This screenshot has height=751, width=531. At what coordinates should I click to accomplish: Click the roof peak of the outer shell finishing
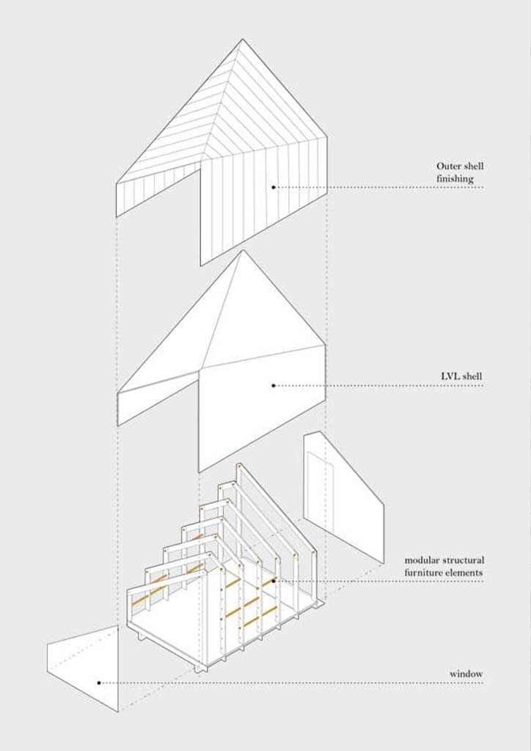click(242, 39)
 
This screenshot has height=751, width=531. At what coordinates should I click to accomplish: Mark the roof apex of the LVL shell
click(243, 250)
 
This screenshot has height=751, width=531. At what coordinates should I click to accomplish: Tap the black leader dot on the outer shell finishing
click(274, 187)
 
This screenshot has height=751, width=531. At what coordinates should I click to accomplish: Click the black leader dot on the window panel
click(99, 683)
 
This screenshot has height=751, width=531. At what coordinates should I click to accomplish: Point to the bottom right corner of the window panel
click(118, 711)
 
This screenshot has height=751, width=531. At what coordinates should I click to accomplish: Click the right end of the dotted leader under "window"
click(483, 683)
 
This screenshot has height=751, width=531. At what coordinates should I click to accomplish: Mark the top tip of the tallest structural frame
click(238, 464)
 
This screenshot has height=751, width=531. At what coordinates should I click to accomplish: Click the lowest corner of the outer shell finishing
click(201, 265)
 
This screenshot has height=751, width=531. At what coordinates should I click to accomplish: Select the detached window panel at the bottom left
click(82, 669)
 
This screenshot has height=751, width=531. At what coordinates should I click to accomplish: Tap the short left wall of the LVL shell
click(158, 398)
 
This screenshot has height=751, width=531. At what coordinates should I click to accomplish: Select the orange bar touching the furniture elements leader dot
click(270, 582)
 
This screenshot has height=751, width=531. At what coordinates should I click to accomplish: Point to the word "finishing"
click(455, 179)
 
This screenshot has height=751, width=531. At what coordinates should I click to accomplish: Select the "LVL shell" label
click(461, 376)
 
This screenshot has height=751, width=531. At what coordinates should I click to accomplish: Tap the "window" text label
click(466, 674)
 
